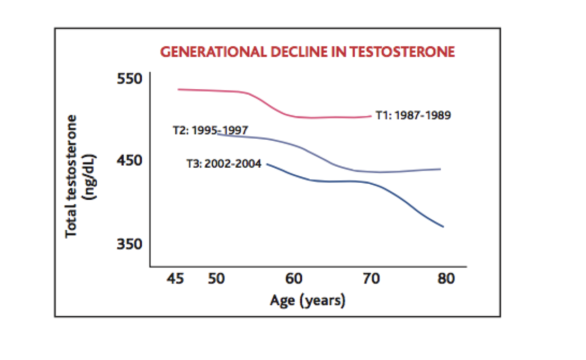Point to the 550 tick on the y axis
click(129, 78)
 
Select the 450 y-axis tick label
click(129, 161)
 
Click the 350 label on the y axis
click(129, 244)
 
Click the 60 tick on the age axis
click(294, 279)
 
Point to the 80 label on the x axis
click(446, 279)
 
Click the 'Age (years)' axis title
click(308, 300)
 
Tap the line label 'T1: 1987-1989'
click(413, 116)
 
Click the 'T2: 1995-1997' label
click(210, 130)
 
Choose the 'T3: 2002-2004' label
click(224, 164)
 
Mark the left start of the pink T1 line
click(178, 89)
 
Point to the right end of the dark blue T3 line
click(443, 227)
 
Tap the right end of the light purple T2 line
click(440, 169)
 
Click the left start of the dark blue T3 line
click(268, 164)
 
